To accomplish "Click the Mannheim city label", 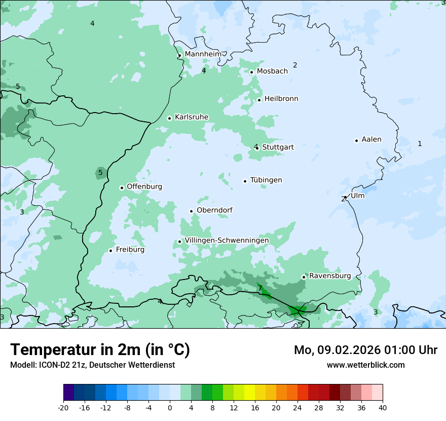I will tap(203, 54).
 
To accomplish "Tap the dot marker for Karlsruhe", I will tap(170, 118).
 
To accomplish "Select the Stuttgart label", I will tap(278, 147).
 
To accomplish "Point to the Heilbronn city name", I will tap(281, 99).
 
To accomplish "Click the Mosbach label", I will tap(272, 72).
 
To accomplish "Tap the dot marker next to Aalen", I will tap(356, 141).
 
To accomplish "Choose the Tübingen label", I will tap(266, 180).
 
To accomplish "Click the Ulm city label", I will tap(357, 196).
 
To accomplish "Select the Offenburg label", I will tap(144, 187).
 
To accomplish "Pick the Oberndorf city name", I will tap(214, 210).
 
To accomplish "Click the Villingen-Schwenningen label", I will tap(227, 240).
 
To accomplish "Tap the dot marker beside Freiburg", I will tap(110, 251).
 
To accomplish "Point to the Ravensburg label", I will tap(330, 276).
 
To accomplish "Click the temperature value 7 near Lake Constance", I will tap(261, 289).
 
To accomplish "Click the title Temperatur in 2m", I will tap(100, 349).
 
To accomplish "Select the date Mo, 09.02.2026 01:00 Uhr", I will tap(365, 350).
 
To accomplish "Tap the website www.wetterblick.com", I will tap(365, 365).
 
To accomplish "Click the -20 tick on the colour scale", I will tap(63, 407).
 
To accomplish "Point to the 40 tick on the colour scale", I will tap(382, 407).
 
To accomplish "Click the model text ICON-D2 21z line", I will tap(92, 365).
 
